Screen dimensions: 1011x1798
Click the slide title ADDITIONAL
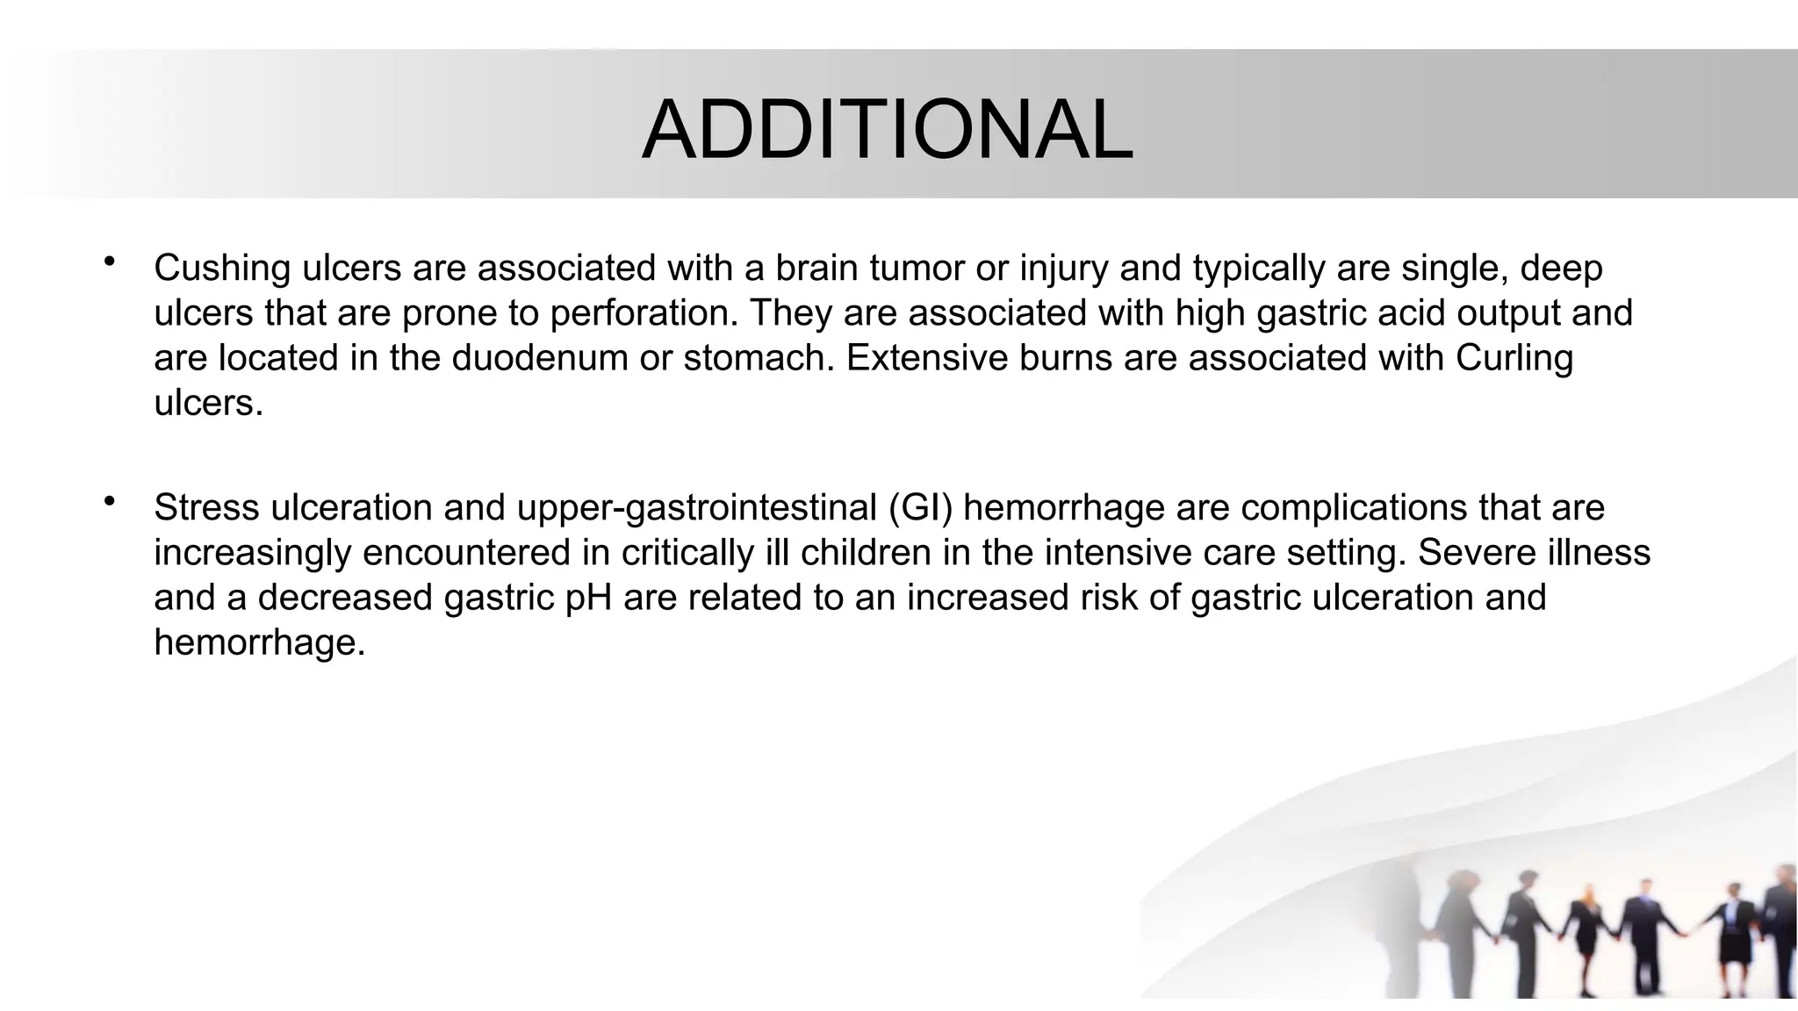888,131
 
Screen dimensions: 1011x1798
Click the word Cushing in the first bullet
222,269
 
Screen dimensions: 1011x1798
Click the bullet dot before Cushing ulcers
110,262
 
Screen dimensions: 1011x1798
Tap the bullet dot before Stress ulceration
110,502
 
